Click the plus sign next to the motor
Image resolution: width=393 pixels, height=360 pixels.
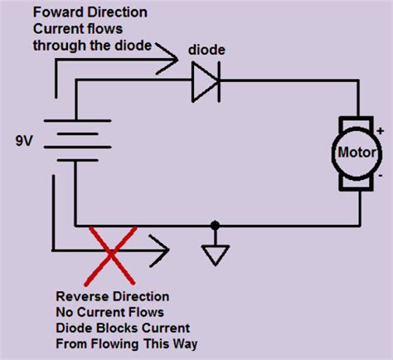point(381,130)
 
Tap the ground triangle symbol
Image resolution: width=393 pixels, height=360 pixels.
point(215,255)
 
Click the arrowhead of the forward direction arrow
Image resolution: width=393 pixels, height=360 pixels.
point(169,59)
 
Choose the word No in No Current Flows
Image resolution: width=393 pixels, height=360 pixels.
point(65,313)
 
